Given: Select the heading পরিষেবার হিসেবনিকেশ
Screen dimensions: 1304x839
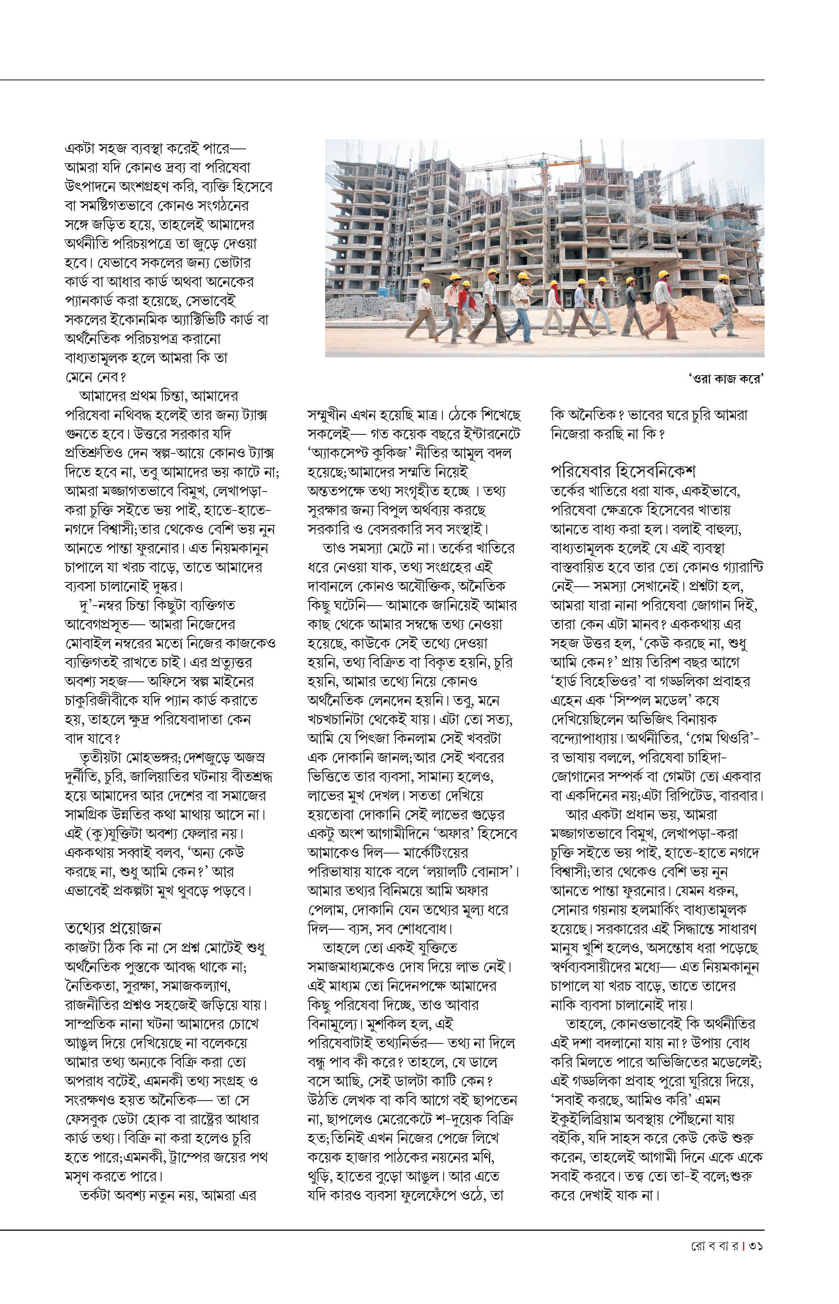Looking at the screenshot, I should coord(623,470).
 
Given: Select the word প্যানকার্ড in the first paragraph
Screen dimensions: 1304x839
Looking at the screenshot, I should coord(98,301).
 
